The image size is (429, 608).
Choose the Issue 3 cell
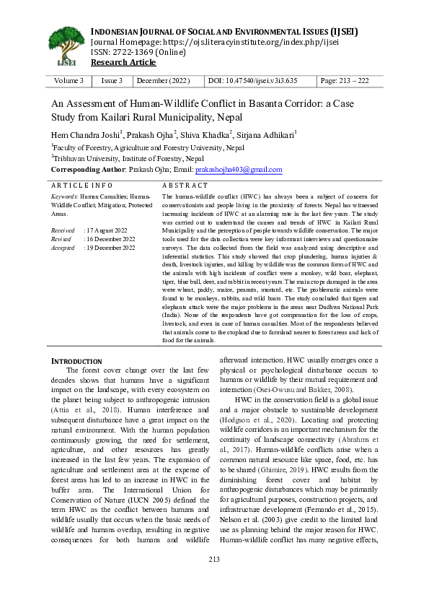pos(112,81)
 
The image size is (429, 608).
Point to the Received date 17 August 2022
pos(110,230)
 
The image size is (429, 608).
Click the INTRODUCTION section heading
pos(76,360)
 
